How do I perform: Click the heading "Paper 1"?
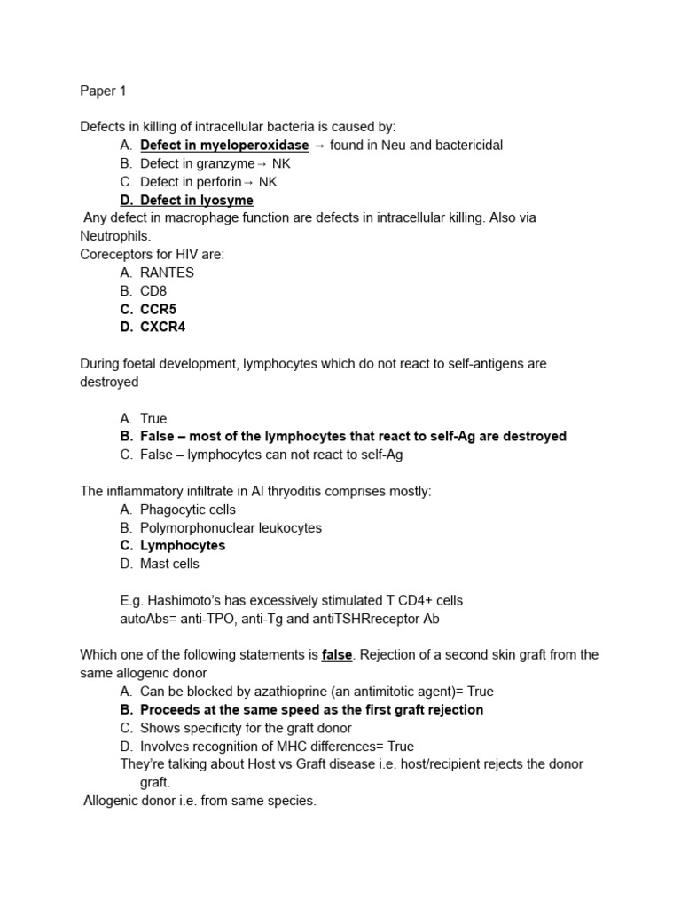click(x=103, y=91)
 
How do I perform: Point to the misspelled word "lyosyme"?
click(x=225, y=201)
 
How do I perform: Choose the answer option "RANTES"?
click(x=167, y=273)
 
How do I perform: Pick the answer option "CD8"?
click(x=154, y=291)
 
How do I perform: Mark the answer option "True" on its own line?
click(x=153, y=418)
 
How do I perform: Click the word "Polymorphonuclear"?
click(x=198, y=527)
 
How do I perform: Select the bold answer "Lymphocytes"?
click(x=183, y=546)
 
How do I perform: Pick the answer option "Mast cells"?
click(x=169, y=564)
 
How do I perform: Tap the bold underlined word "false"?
click(x=337, y=655)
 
